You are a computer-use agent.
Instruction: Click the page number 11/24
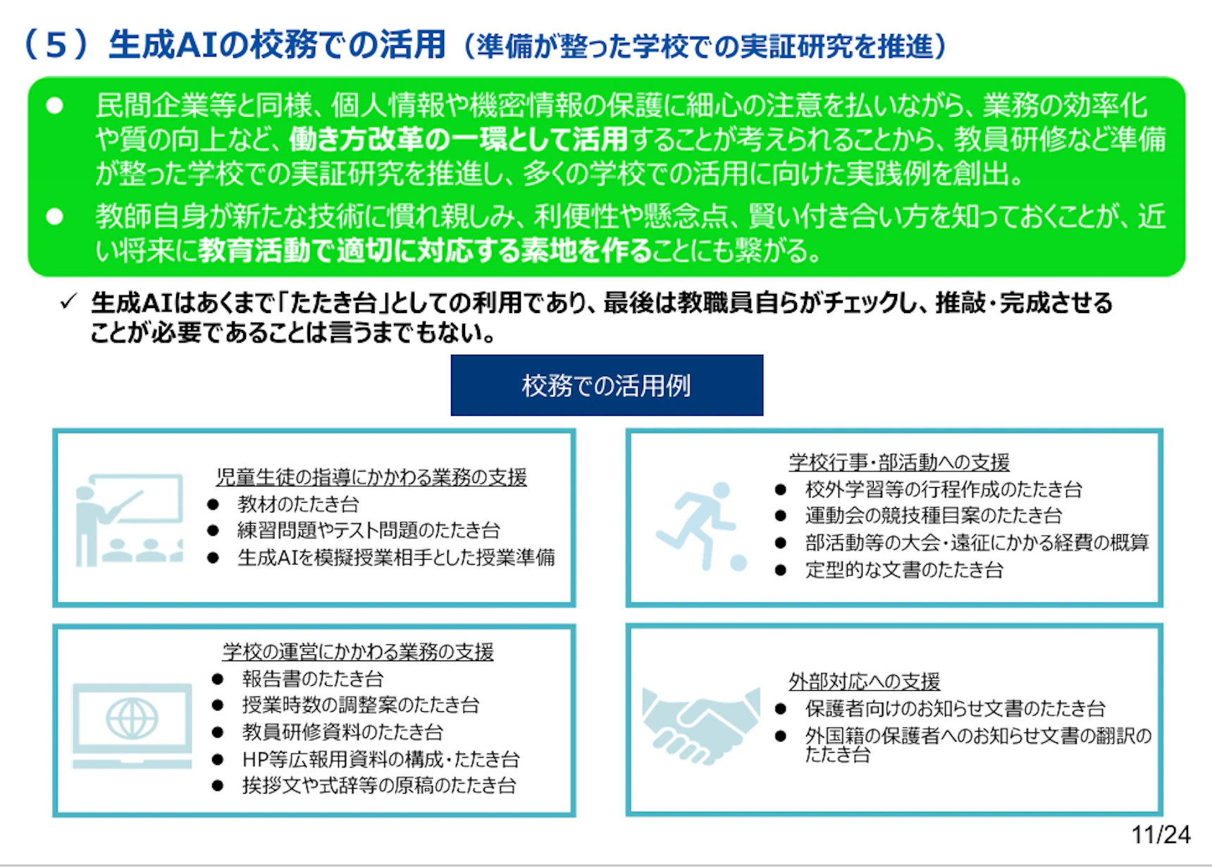pos(1161,835)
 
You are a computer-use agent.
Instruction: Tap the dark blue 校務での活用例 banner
pos(607,385)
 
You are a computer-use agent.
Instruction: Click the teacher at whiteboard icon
pos(130,519)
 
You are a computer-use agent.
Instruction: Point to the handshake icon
pos(701,725)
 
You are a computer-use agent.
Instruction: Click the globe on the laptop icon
pos(132,719)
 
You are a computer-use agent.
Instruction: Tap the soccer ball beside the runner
pos(738,562)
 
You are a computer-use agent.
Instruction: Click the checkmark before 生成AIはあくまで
pos(68,302)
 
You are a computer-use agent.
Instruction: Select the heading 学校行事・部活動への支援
pos(899,462)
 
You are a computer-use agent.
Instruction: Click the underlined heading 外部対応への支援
pos(864,682)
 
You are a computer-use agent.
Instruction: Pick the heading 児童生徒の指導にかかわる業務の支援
pos(371,477)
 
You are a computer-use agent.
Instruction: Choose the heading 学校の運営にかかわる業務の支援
pos(358,652)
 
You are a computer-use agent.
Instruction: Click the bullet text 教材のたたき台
pos(298,504)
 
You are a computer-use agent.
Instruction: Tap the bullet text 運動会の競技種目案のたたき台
pos(933,516)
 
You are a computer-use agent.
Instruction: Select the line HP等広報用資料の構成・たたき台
pos(381,759)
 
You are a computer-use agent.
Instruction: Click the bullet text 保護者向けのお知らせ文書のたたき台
pos(955,708)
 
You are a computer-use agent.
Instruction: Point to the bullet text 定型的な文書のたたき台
pos(904,570)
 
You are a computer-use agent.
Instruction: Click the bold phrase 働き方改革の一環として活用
pos(458,140)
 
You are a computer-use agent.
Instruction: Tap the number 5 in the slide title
pos(56,45)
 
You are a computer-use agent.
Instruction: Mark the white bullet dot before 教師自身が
pos(54,216)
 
